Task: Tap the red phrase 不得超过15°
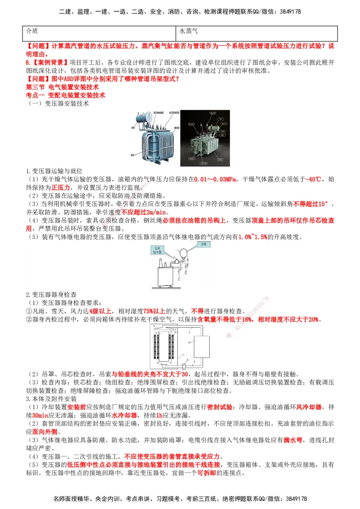pos(310,204)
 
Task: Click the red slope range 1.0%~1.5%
pos(252,237)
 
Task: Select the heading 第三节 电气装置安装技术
pos(62,87)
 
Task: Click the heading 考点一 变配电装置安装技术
pos(66,95)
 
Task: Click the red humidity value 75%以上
pos(154,311)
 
